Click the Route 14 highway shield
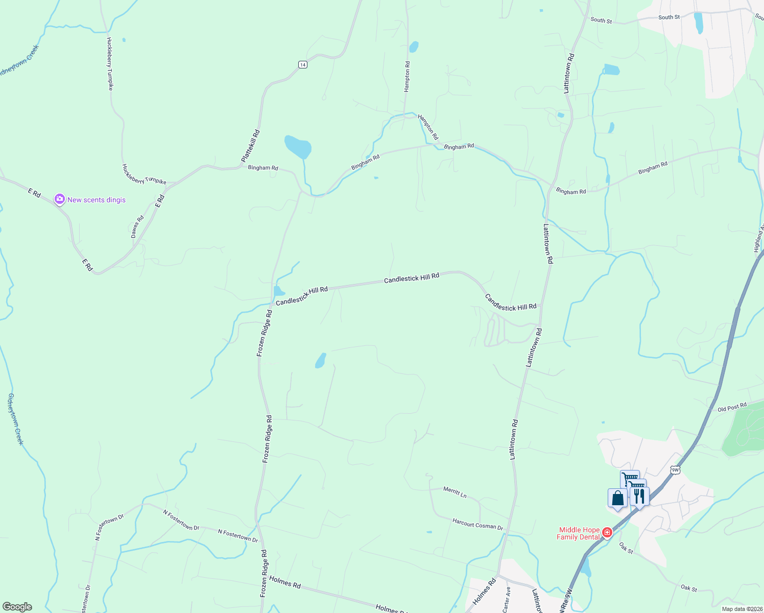pyautogui.click(x=303, y=64)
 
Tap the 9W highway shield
pyautogui.click(x=675, y=470)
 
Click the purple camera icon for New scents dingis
pyautogui.click(x=60, y=199)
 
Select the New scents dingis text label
pyautogui.click(x=97, y=200)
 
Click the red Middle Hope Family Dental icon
pyautogui.click(x=607, y=533)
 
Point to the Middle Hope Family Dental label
pyautogui.click(x=579, y=533)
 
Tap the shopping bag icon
pyautogui.click(x=617, y=498)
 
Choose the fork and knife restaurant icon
pyautogui.click(x=639, y=496)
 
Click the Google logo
pyautogui.click(x=17, y=607)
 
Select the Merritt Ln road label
pyautogui.click(x=455, y=492)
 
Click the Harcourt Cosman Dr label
pyautogui.click(x=478, y=524)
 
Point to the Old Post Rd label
pyautogui.click(x=732, y=407)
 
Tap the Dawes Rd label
pyautogui.click(x=137, y=226)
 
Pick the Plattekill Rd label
pyautogui.click(x=251, y=146)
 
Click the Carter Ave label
pyautogui.click(x=507, y=599)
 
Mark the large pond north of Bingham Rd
pyautogui.click(x=298, y=147)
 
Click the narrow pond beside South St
pyautogui.click(x=698, y=23)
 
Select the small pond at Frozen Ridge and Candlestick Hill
pyautogui.click(x=278, y=291)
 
